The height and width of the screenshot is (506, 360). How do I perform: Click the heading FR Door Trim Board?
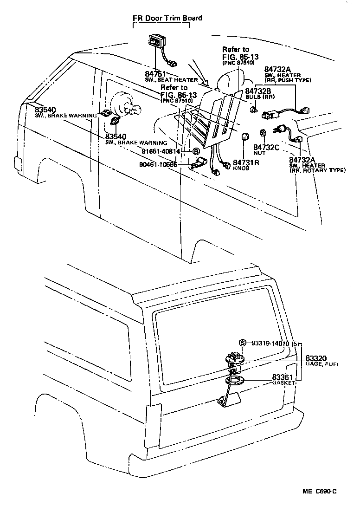[167, 18]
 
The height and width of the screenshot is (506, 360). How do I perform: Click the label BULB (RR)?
[260, 97]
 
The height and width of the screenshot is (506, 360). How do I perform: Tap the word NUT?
[259, 153]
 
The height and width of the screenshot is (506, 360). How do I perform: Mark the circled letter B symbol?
[196, 152]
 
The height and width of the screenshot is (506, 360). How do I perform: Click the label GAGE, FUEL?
[322, 364]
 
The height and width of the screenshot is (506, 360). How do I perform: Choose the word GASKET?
[284, 383]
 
